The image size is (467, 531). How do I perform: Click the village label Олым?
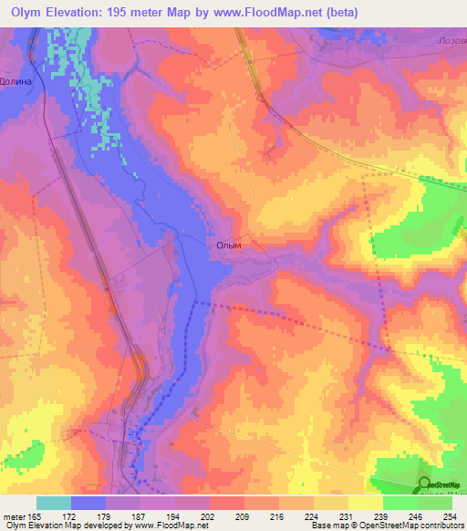229,245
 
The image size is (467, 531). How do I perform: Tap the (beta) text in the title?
337,13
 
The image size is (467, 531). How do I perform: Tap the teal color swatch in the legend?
54,503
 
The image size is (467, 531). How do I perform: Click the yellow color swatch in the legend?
365,503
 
